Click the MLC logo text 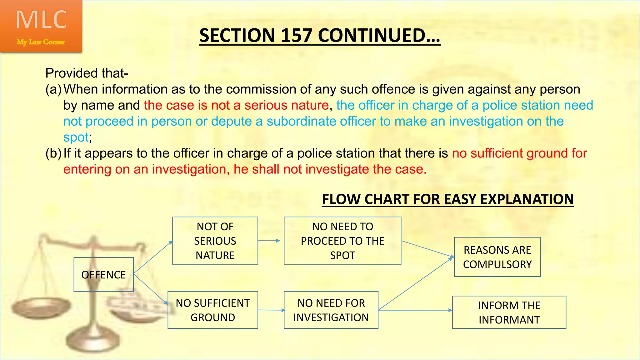click(x=41, y=20)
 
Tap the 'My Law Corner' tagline click(x=41, y=42)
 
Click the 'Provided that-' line click(x=87, y=73)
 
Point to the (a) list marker click(x=53, y=89)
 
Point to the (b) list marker click(x=53, y=153)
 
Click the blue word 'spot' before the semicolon click(x=76, y=137)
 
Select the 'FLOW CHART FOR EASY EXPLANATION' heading click(x=448, y=199)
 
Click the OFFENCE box click(x=103, y=275)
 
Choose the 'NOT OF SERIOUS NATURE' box click(x=215, y=241)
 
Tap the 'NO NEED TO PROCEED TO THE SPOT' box click(x=342, y=241)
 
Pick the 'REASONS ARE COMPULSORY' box click(x=497, y=257)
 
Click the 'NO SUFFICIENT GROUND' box click(x=212, y=310)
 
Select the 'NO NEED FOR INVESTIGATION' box click(x=331, y=310)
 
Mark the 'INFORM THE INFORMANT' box click(x=509, y=312)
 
